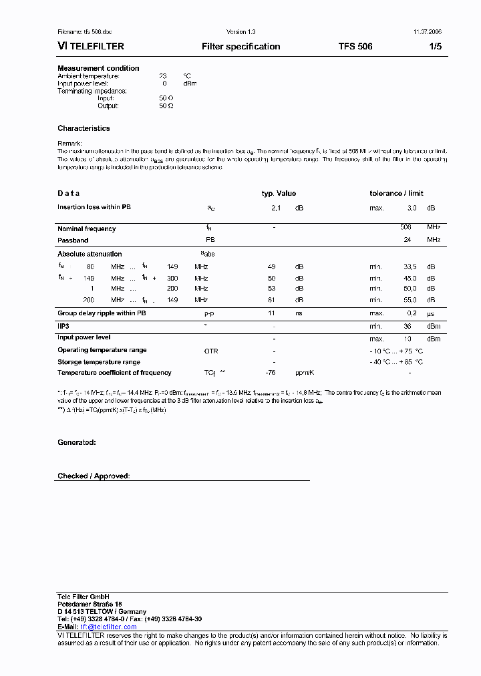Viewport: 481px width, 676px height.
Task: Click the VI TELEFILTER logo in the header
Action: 91,47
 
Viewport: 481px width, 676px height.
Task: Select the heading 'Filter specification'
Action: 240,47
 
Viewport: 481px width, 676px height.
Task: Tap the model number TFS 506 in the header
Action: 355,47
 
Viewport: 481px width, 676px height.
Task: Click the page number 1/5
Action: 434,47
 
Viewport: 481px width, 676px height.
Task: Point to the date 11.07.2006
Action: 427,32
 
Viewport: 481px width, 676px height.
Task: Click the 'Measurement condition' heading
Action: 98,68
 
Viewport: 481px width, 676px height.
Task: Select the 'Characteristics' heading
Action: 84,128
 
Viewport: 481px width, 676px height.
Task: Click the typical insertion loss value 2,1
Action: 275,208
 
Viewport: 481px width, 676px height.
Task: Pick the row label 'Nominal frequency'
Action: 86,229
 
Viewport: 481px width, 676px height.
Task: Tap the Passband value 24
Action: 407,240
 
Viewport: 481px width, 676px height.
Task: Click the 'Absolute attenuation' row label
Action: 90,254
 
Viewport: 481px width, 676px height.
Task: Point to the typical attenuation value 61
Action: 271,301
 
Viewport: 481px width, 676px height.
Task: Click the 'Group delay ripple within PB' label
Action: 102,313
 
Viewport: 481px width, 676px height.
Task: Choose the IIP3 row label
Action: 64,325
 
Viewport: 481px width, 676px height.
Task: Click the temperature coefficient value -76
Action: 271,373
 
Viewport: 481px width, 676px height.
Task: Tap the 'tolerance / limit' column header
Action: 396,193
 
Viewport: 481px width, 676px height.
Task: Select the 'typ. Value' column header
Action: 279,193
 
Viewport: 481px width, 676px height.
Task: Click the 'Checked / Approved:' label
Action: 94,476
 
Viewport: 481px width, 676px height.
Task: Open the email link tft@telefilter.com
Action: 108,627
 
